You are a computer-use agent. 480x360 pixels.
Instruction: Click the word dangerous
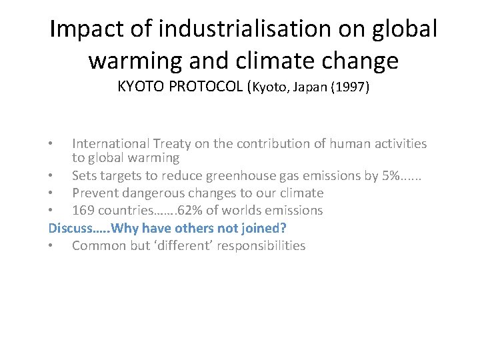tap(152, 193)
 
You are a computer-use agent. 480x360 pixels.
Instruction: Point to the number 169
tap(83, 211)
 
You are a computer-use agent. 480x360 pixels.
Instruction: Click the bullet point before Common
tap(51, 245)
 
